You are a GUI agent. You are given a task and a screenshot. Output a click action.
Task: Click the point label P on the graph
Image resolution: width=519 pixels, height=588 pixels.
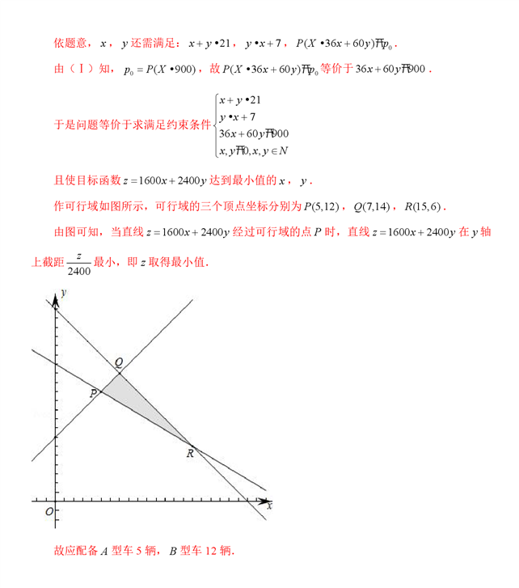(94, 393)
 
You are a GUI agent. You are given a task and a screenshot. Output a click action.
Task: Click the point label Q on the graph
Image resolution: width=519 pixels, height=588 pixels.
(119, 362)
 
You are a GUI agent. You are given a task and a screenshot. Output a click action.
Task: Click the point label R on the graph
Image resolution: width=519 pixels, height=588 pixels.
(190, 454)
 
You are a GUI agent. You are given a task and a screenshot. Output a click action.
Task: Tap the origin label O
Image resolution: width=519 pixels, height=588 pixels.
(49, 512)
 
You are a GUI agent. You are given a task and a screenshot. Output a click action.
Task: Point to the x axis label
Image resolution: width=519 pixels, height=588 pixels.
(269, 506)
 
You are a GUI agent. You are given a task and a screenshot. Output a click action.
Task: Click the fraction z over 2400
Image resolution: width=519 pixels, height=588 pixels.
(78, 261)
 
